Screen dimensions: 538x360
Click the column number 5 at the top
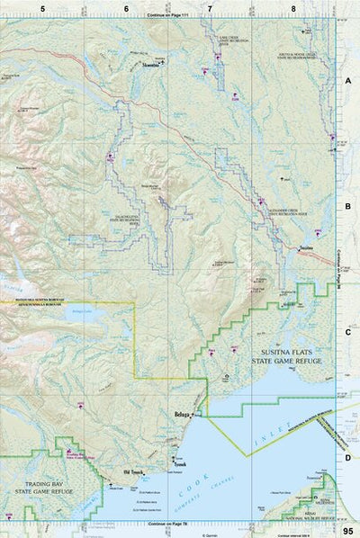click(x=41, y=8)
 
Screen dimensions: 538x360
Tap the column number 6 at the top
click(x=126, y=8)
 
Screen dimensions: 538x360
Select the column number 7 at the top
click(x=210, y=8)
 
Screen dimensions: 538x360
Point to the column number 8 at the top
click(x=293, y=8)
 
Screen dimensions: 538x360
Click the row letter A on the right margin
click(x=347, y=80)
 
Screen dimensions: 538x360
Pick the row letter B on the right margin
click(x=347, y=205)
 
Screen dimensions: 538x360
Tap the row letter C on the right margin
click(x=347, y=331)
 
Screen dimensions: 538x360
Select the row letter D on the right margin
click(x=347, y=456)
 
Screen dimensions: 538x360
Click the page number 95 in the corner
click(x=347, y=531)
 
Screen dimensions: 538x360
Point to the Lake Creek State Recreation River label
click(x=238, y=40)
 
